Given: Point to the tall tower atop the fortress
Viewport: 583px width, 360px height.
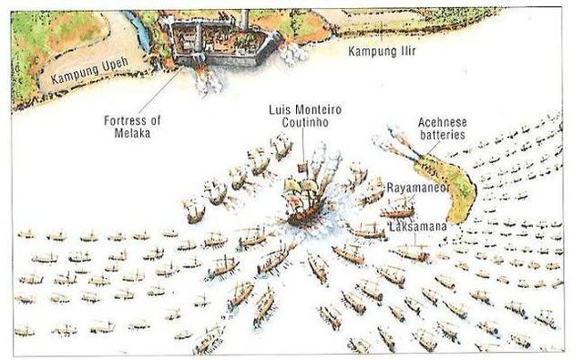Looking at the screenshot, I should (245, 19).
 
